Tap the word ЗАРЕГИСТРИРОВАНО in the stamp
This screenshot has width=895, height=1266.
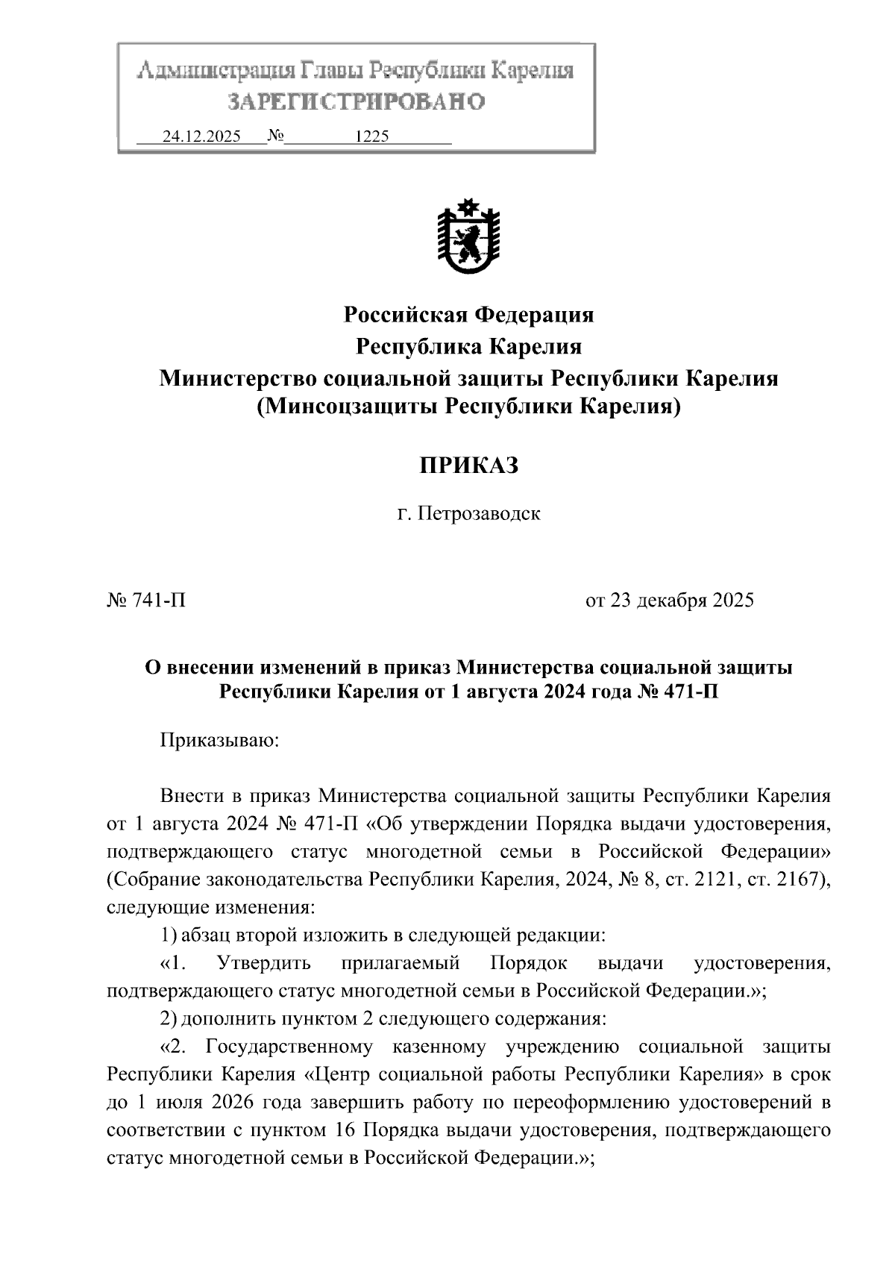[x=356, y=101]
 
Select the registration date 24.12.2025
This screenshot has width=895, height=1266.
[x=201, y=137]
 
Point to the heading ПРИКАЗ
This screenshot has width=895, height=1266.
[x=468, y=466]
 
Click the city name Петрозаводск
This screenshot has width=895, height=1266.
[x=479, y=514]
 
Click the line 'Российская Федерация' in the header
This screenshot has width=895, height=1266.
[x=468, y=315]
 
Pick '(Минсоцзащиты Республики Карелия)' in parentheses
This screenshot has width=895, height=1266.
[x=468, y=407]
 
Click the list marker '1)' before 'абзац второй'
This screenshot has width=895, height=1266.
[x=169, y=934]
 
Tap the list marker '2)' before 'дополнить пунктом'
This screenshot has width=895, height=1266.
[x=169, y=1019]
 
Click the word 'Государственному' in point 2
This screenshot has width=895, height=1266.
[x=289, y=1047]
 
